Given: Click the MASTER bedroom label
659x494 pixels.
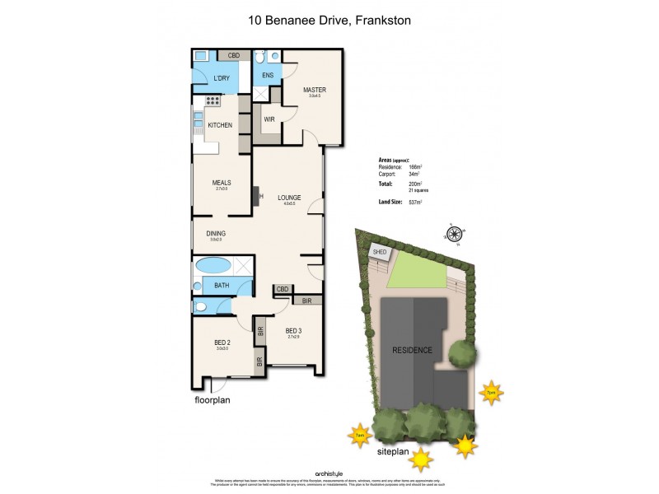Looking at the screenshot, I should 315,90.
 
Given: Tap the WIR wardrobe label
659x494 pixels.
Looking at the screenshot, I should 269,119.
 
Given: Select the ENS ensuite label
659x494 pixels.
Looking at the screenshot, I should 268,76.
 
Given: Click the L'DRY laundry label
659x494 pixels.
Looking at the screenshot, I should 221,79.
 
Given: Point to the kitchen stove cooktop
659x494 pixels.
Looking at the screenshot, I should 211,101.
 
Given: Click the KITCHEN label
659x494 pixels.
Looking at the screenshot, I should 219,125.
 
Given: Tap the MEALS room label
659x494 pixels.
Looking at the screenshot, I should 221,183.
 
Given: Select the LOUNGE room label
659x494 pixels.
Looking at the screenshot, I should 288,198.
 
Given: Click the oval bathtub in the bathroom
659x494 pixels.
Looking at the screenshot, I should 212,266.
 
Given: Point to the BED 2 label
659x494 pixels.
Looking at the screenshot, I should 221,343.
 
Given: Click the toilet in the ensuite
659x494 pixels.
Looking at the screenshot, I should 259,58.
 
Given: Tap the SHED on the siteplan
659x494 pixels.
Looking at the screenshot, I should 380,253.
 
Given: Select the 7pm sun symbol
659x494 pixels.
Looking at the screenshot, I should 492,392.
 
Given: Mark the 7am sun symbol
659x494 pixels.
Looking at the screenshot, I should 358,435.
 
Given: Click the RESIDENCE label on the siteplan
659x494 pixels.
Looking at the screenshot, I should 411,350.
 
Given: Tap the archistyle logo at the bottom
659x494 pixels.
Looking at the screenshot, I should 329,473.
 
